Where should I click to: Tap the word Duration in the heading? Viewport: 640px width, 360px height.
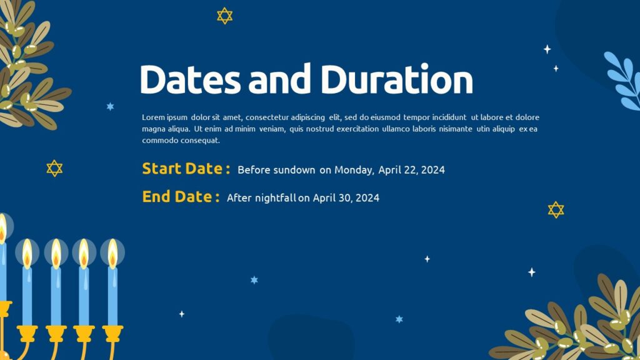[397, 80]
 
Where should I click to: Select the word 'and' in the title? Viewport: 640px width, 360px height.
[280, 80]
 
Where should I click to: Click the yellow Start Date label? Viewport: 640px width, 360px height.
[186, 169]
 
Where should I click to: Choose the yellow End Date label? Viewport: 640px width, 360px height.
[181, 197]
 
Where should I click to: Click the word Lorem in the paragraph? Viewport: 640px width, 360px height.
[152, 117]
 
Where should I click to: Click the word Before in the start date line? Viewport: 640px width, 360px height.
[254, 169]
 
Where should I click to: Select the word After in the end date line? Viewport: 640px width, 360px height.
[239, 198]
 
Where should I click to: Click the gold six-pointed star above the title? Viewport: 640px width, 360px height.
[224, 16]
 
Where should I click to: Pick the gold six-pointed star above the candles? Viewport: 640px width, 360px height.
[54, 168]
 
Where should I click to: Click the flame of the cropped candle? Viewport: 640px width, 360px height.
[2, 229]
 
